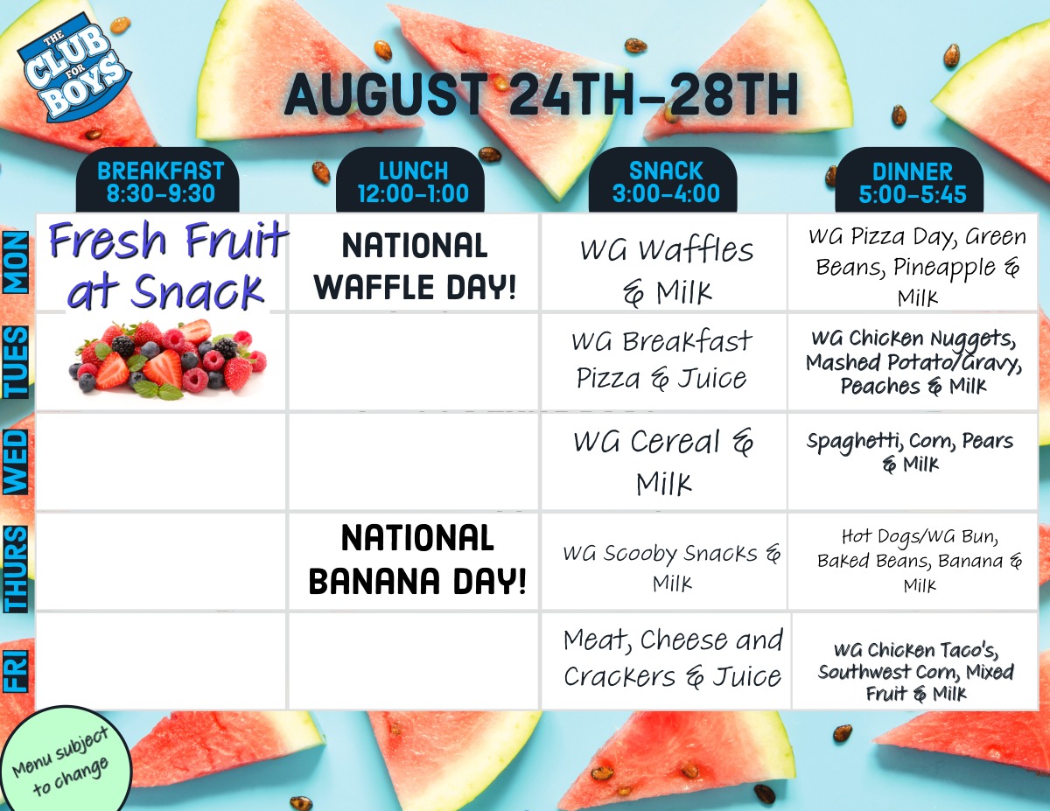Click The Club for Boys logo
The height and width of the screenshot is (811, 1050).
[73, 67]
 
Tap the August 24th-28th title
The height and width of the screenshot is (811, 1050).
[541, 94]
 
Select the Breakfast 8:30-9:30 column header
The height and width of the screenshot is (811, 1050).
[158, 180]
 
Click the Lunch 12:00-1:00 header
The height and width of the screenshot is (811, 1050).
[410, 180]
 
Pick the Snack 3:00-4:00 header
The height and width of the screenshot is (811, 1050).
[663, 180]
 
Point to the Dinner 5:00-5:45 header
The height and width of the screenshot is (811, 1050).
[909, 180]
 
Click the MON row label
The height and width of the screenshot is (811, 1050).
[16, 262]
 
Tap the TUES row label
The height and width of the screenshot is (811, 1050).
[16, 362]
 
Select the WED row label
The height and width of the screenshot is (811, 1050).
[16, 462]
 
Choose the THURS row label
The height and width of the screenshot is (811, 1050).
[16, 569]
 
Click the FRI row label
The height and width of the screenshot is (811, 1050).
[16, 670]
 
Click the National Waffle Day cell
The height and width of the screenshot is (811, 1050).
[414, 262]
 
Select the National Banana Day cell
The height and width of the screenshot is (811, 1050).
[414, 562]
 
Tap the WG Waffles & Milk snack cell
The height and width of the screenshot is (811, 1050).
[665, 262]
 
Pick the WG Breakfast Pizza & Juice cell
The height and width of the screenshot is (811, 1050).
[665, 362]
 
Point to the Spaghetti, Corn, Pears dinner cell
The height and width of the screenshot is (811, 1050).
[913, 462]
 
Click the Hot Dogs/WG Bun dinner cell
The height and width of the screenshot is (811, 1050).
[913, 562]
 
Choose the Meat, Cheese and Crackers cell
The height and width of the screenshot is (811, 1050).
[667, 661]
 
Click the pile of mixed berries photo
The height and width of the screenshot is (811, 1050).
[167, 359]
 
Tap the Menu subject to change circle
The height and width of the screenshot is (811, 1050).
[63, 759]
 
